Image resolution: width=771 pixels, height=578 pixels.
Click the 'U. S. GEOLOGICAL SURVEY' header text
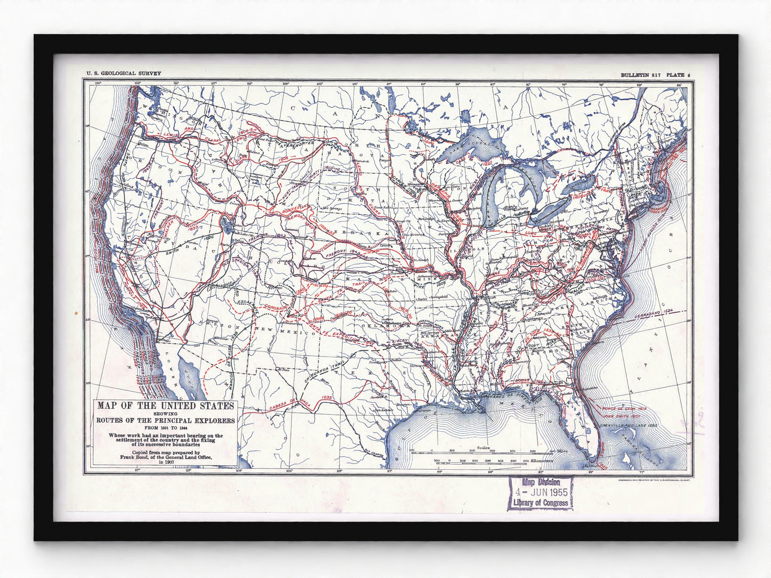coord(120,75)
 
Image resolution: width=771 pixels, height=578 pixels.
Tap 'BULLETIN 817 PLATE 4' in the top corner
coord(655,75)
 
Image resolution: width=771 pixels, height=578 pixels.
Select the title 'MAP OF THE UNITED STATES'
coord(165,406)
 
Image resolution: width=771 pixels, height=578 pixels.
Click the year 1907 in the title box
coord(166,462)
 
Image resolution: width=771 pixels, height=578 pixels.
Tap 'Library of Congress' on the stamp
coord(540,503)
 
